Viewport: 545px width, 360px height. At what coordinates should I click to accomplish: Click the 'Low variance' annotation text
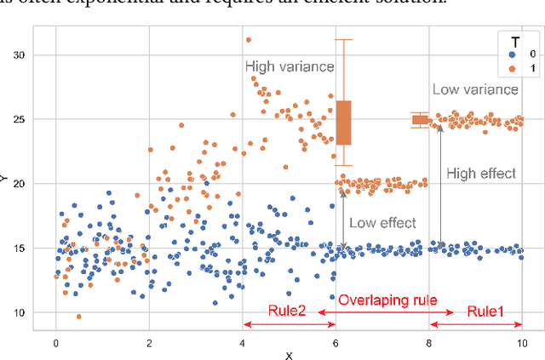[x=475, y=89]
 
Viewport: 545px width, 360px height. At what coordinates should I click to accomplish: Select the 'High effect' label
[x=481, y=173]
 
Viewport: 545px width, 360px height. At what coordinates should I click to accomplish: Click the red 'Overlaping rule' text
[x=387, y=300]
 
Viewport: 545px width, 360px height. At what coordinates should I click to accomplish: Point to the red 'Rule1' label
[x=485, y=312]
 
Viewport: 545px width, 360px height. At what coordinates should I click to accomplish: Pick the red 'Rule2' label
[x=287, y=312]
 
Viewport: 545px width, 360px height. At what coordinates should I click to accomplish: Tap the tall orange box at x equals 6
[x=343, y=123]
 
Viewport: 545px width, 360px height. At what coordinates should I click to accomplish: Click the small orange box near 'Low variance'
[x=420, y=120]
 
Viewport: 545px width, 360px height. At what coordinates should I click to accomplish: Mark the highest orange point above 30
[x=248, y=39]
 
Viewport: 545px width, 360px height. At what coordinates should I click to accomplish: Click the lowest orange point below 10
[x=79, y=317]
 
